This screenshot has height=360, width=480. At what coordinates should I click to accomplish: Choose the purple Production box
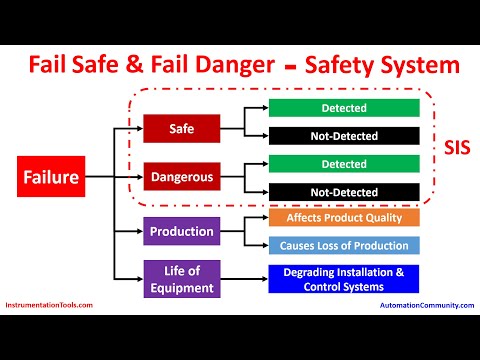point(180,231)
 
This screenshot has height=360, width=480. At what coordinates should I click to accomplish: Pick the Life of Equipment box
point(180,278)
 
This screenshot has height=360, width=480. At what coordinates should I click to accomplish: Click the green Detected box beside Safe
point(343,107)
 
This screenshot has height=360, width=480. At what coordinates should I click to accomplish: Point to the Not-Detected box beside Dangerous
point(343,191)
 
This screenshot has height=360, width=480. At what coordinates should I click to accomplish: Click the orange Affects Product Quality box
point(343,217)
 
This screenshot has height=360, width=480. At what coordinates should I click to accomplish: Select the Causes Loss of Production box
point(343,245)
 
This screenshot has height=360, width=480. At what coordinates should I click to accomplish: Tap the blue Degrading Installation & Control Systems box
point(343,279)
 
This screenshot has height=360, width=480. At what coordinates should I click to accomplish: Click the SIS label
point(456,146)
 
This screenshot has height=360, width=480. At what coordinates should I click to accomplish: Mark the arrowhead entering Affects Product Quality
point(264,217)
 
